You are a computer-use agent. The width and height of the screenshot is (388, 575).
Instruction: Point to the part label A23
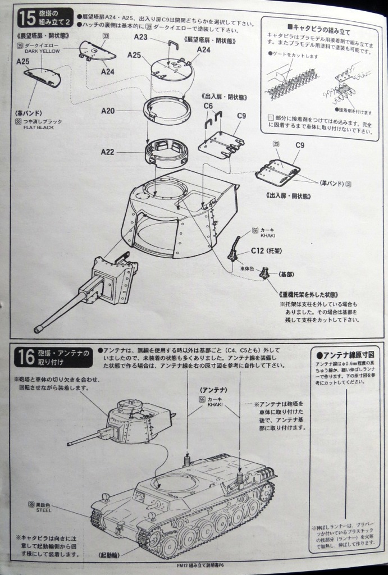coord(141,38)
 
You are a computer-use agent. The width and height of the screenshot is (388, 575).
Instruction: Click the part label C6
coord(208,106)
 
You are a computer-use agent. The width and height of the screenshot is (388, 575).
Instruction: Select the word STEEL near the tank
coord(43,510)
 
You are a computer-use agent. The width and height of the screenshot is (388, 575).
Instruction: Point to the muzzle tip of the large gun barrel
coord(38,329)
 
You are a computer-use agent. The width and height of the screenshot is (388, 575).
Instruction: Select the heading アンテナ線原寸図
coord(345,355)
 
